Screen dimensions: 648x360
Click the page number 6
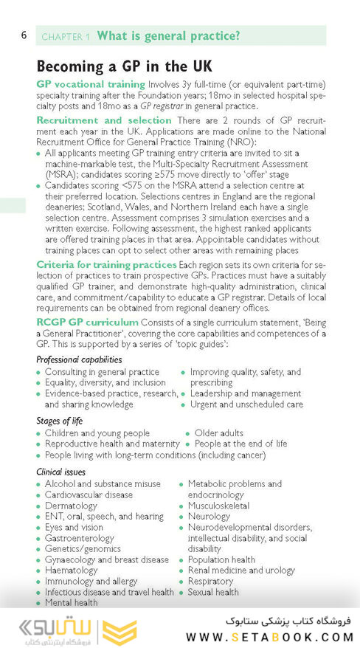pos(24,35)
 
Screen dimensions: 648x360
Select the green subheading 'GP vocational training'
pos(91,84)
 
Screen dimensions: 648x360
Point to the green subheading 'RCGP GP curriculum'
pos(87,323)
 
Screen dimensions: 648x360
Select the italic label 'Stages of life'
pos(63,421)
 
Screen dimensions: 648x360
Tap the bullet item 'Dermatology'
pos(71,506)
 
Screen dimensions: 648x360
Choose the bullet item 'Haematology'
pos(72,571)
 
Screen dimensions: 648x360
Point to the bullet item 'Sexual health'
pos(213,592)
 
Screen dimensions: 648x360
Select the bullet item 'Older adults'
pos(219,433)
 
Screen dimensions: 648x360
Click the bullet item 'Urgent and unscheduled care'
pos(246,404)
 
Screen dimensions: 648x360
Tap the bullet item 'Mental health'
pos(71,603)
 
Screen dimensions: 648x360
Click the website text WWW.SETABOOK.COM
pos(269,636)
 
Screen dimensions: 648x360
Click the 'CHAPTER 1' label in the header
pos(66,36)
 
